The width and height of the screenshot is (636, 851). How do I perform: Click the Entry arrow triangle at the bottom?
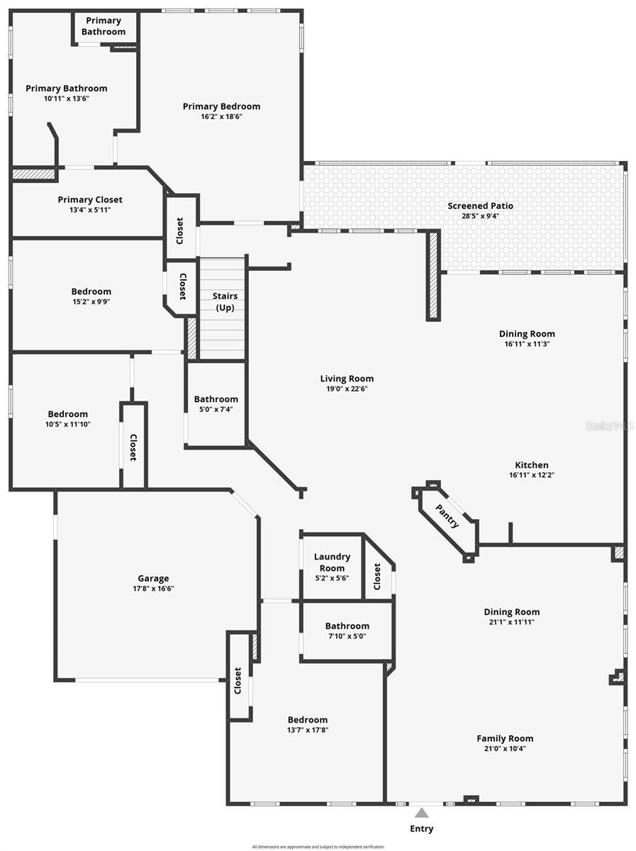coord(422,813)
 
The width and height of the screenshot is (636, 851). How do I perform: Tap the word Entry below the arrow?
coord(422,828)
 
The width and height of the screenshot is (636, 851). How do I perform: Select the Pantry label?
coord(447,516)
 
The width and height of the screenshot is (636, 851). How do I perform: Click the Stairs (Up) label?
coord(225,301)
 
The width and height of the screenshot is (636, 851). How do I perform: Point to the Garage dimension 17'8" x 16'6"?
coord(153,589)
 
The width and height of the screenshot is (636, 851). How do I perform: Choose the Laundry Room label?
coord(332,562)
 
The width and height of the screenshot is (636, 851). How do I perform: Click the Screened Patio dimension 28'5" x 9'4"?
coord(480,216)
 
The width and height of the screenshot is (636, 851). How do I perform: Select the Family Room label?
coord(505,738)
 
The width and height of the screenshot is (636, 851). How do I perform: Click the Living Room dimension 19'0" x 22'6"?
coord(347,389)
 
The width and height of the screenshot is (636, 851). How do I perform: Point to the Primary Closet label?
coord(90,200)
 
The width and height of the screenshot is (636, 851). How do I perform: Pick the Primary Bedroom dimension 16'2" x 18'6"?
coord(221,116)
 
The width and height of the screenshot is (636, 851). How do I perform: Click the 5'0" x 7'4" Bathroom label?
coord(216,399)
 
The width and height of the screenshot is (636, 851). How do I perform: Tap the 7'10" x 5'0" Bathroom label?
coord(347,626)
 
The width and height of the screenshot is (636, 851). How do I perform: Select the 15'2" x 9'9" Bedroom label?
coord(91,291)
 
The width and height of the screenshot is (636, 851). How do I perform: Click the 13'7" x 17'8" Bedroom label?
coord(308,720)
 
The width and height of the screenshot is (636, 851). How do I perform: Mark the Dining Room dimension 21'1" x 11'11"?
coord(512,622)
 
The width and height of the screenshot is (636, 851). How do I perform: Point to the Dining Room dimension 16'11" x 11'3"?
coord(527,344)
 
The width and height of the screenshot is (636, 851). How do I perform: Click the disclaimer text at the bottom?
coord(318,846)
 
